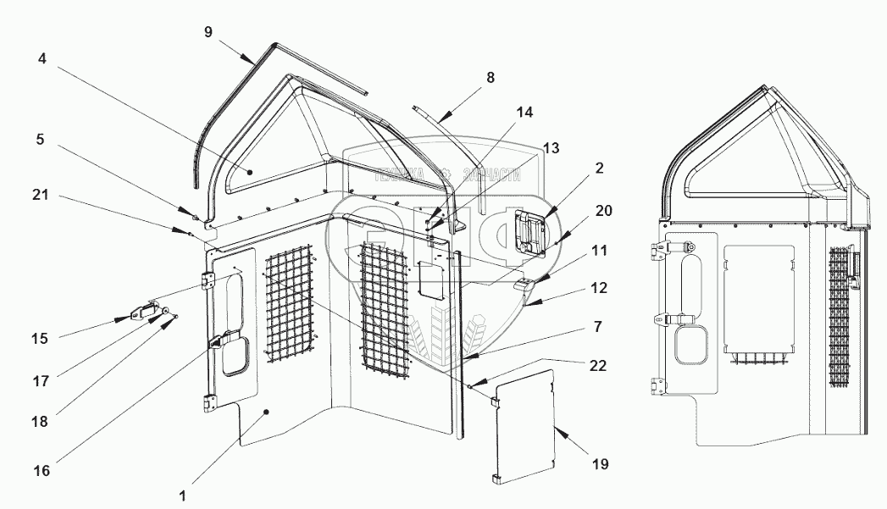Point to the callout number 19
(x=601, y=464)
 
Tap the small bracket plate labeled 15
(x=143, y=314)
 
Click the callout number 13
(x=551, y=148)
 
